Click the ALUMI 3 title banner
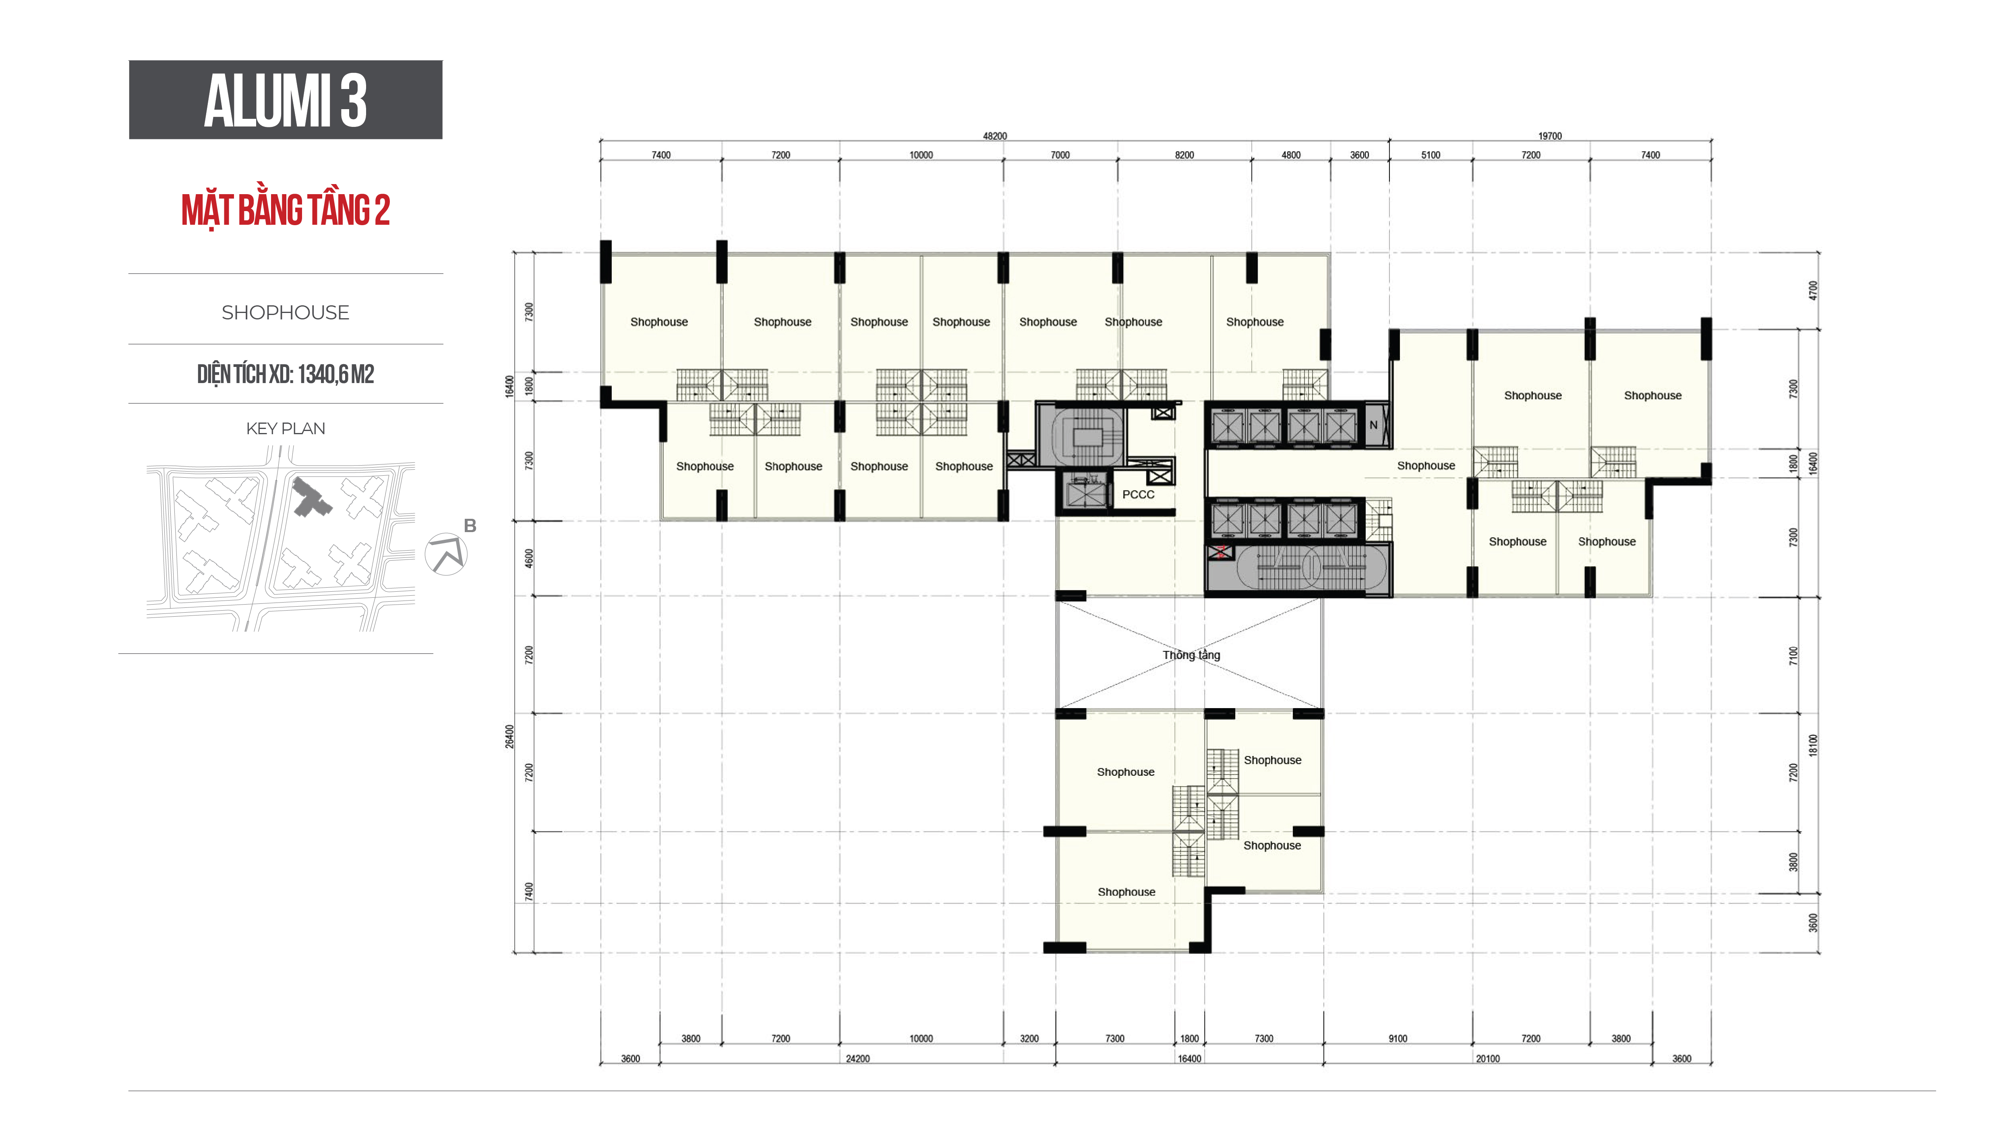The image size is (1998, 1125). point(286,100)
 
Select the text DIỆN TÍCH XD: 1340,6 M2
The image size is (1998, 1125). point(286,374)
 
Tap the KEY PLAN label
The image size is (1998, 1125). point(286,428)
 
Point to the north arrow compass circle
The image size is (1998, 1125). point(446,554)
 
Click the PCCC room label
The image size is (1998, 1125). point(1138,494)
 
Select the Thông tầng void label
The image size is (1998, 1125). point(1191,655)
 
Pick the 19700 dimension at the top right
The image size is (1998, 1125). point(1550,136)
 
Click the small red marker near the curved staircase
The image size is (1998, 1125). point(1221,552)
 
